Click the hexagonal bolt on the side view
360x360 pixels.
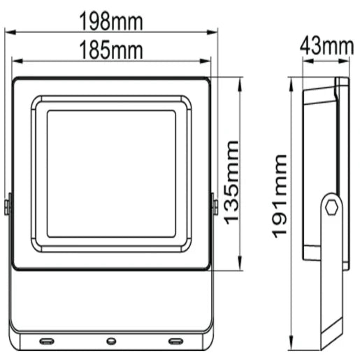332,207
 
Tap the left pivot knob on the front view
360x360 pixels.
8,206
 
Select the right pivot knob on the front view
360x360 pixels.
214,206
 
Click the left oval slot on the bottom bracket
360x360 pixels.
46,341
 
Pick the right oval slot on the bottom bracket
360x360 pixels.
175,341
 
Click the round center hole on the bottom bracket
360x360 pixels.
110,341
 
